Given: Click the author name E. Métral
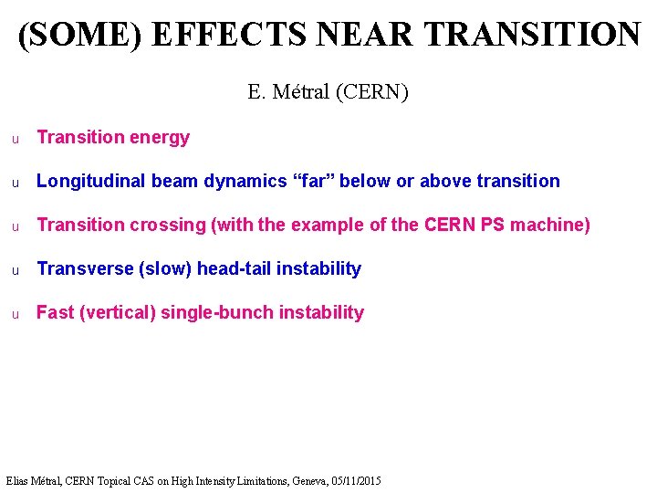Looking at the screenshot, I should (x=289, y=92).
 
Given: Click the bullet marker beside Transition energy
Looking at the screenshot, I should (x=15, y=139).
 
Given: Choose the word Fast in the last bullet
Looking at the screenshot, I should (x=55, y=312).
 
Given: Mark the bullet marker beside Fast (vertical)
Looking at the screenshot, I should (x=15, y=314).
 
